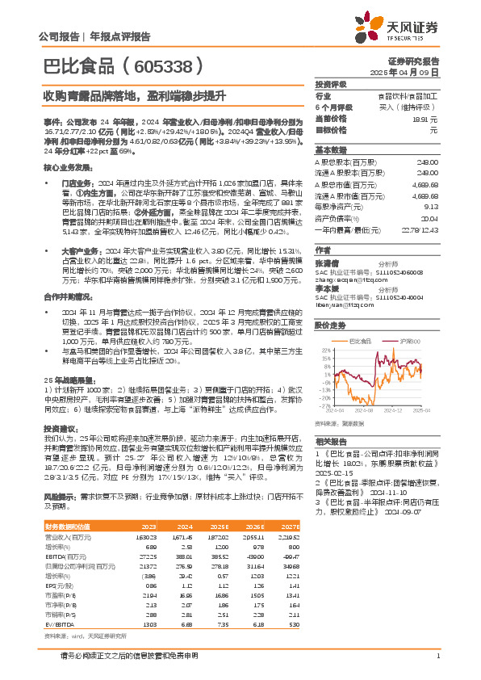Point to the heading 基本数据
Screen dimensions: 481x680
click(330, 150)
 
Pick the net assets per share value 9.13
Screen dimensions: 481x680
click(432, 205)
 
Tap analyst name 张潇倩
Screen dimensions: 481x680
click(327, 262)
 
